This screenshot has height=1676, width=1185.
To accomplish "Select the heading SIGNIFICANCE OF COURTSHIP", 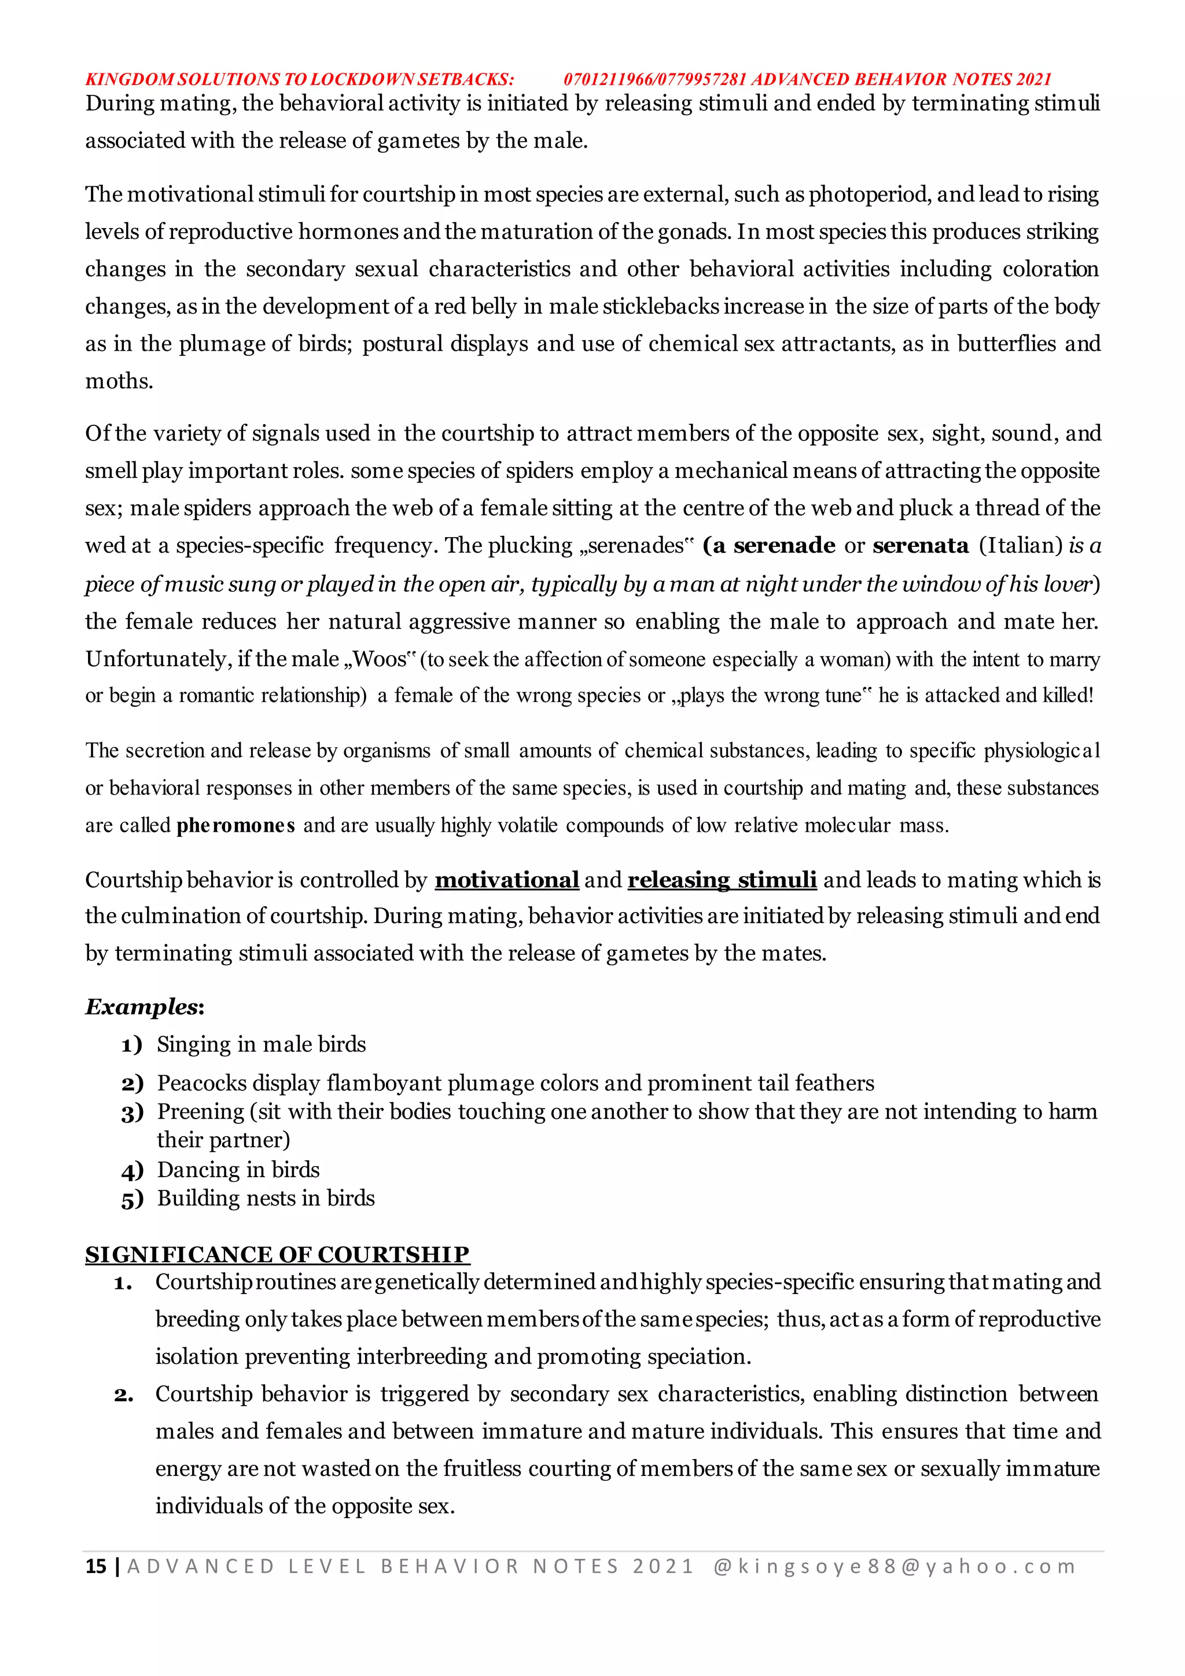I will (x=277, y=1254).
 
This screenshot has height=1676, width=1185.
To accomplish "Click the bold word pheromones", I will (x=235, y=826).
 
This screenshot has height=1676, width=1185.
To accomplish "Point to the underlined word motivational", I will (x=506, y=880).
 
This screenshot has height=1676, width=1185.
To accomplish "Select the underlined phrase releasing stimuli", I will (x=722, y=880).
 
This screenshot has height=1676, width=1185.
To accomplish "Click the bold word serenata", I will (x=921, y=545).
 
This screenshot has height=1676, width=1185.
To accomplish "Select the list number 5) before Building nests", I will (x=132, y=1199).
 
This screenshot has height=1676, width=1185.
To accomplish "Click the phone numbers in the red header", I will (x=654, y=79).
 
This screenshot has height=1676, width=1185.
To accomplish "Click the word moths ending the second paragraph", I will (x=117, y=381).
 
